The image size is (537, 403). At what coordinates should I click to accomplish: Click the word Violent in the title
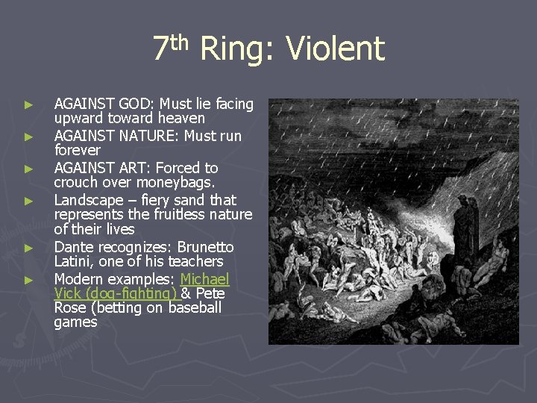335,49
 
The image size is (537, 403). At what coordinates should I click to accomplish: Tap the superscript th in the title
180,42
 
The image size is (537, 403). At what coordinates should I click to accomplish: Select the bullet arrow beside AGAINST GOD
28,104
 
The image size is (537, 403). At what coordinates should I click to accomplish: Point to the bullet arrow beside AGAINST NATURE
28,137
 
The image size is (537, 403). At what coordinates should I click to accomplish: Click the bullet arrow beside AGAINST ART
28,169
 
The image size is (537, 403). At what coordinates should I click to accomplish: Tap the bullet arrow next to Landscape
28,201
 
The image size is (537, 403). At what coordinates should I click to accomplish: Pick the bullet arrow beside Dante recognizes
28,248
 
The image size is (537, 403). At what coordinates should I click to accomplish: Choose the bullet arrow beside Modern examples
28,280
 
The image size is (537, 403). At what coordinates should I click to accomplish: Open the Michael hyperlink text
205,279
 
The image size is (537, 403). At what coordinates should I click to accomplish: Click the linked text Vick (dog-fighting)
115,293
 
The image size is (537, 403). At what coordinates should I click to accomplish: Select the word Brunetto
205,247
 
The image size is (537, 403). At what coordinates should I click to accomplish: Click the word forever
77,151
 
